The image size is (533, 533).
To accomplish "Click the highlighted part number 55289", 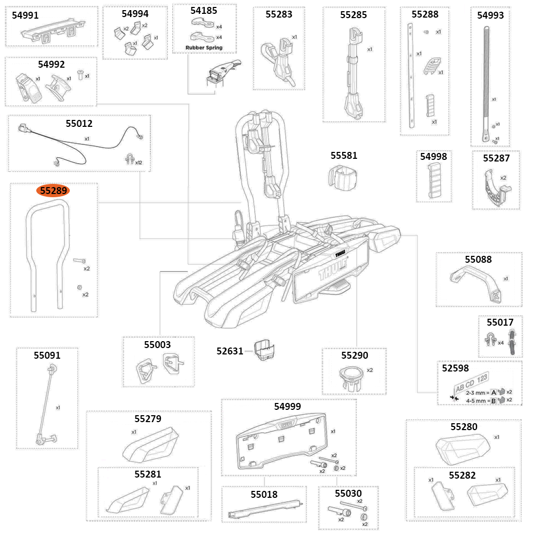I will click(56, 190).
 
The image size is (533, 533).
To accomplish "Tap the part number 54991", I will click(25, 15).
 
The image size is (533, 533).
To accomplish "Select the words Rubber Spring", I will click(204, 47).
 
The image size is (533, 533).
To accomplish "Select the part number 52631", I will click(230, 351).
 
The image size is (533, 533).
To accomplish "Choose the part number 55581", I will click(344, 156).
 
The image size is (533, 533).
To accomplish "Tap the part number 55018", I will click(264, 494).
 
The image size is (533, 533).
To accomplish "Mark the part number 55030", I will click(348, 493).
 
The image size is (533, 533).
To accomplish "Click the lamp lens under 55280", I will click(461, 447).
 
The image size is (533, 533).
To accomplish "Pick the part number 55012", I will click(79, 124).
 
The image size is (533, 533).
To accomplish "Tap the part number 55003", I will click(157, 344).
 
